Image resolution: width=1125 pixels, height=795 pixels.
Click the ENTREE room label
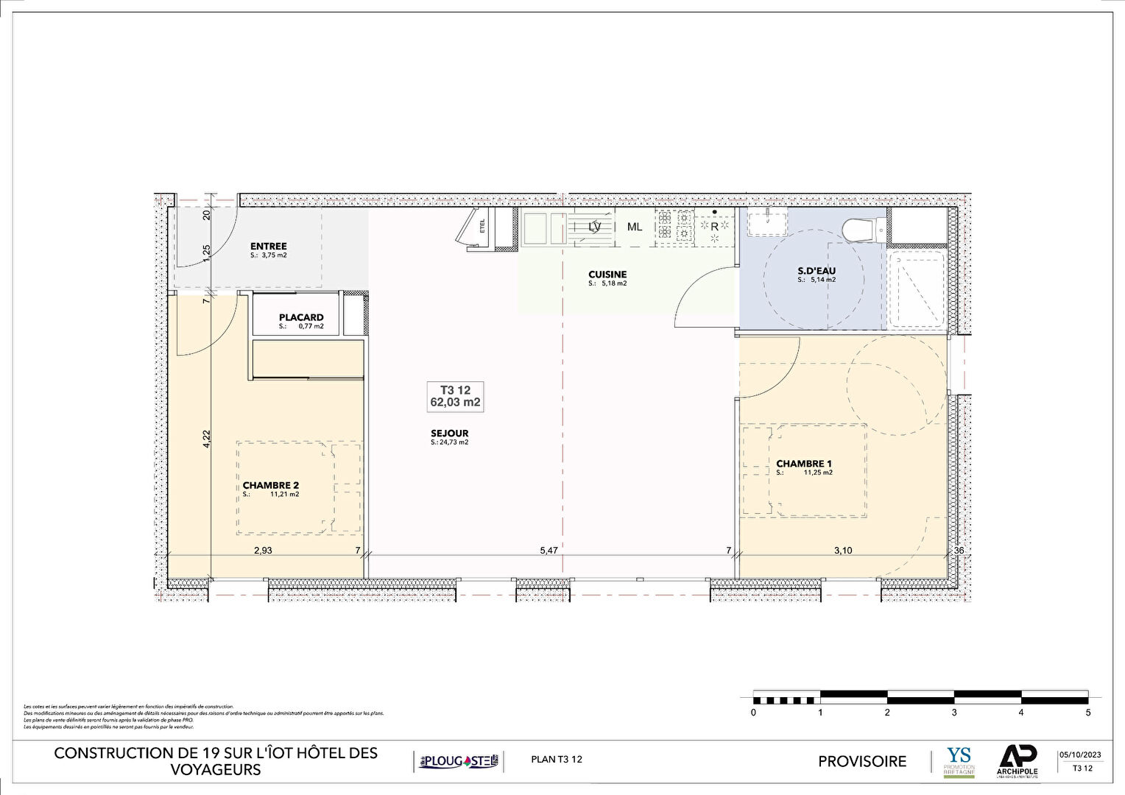click(268, 247)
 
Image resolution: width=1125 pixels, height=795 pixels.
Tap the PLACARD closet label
click(301, 317)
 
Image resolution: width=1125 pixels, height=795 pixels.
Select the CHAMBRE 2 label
click(270, 485)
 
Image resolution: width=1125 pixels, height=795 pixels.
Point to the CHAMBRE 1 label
click(803, 464)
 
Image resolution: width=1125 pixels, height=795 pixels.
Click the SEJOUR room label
click(449, 434)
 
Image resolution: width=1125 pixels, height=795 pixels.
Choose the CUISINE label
click(607, 275)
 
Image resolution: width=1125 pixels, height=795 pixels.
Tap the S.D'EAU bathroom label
click(817, 271)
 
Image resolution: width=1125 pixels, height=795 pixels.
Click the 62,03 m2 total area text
click(455, 403)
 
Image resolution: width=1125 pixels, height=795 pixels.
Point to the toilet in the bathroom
click(858, 229)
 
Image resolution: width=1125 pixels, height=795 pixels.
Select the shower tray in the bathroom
click(917, 289)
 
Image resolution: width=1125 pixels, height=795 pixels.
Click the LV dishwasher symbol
click(594, 227)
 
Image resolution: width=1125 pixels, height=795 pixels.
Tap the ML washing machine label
click(635, 227)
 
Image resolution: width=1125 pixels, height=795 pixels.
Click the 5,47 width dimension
click(549, 550)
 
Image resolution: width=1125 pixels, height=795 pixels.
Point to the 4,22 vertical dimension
click(207, 439)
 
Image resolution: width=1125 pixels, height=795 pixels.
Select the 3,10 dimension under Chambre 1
click(842, 550)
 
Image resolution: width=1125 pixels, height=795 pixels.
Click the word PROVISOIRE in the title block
click(862, 761)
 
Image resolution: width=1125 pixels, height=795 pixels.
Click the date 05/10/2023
click(1080, 755)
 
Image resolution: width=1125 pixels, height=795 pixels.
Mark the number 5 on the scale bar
click(1088, 713)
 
